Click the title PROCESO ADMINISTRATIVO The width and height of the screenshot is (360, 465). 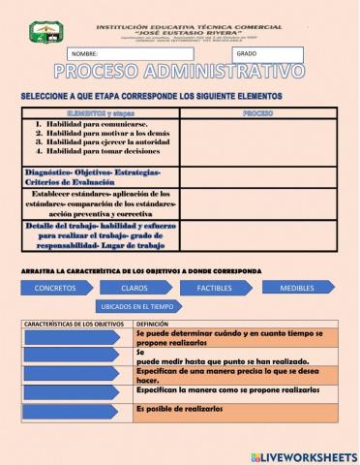pos(179,74)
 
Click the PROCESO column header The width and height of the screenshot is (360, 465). pos(257,114)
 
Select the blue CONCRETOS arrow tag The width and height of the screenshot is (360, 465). pos(54,288)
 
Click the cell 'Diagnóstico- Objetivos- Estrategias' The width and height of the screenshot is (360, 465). pos(93,172)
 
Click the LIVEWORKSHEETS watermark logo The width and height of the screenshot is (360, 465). pos(302,454)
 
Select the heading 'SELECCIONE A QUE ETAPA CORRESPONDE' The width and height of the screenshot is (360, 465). pos(151,97)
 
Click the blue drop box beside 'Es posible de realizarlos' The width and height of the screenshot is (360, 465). pos(75,411)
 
